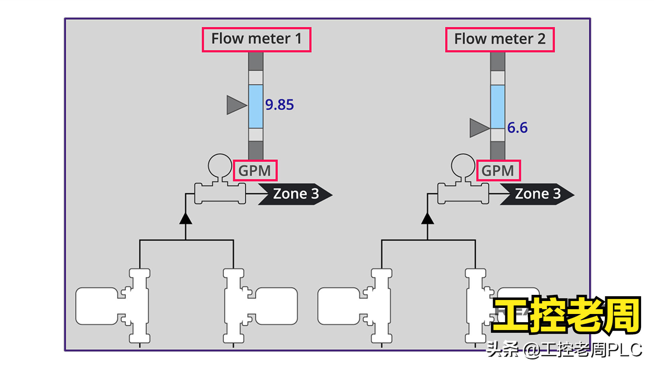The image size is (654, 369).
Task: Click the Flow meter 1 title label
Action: (x=256, y=39)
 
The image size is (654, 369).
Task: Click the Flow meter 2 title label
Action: (x=499, y=39)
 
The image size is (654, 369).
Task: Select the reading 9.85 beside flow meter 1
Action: (x=279, y=105)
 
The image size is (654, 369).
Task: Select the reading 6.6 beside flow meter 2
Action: (x=517, y=128)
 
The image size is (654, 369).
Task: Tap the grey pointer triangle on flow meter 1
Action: (x=235, y=105)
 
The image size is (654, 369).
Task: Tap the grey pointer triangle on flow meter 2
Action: (x=478, y=128)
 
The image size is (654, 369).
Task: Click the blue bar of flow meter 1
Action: (x=256, y=106)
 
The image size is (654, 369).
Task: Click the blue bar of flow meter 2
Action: (x=497, y=107)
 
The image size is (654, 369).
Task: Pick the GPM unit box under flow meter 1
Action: (x=255, y=170)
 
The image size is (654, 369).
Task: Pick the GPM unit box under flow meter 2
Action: (x=498, y=170)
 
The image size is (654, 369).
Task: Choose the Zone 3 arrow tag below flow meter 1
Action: (x=295, y=194)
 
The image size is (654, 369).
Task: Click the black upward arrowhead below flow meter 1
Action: (x=186, y=219)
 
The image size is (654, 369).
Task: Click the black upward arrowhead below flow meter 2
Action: (x=427, y=219)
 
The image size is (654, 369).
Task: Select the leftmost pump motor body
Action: (x=97, y=306)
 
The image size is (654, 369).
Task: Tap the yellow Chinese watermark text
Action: (x=566, y=315)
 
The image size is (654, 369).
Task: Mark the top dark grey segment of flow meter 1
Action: (x=256, y=61)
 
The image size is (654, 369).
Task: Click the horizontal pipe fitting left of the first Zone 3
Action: (x=220, y=194)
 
